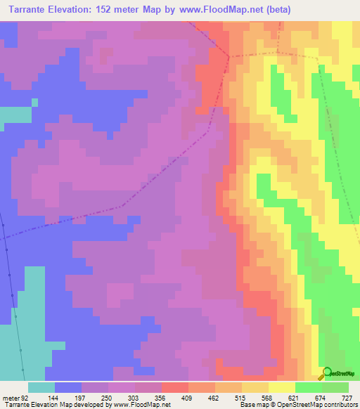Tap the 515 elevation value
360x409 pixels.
tap(240, 397)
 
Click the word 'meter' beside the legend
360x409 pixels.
tap(11, 397)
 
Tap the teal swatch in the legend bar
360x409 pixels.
tap(41, 387)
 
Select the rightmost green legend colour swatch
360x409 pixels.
tap(335, 387)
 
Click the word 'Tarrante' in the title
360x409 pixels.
tap(35, 10)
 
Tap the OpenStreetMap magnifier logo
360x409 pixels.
tap(327, 372)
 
